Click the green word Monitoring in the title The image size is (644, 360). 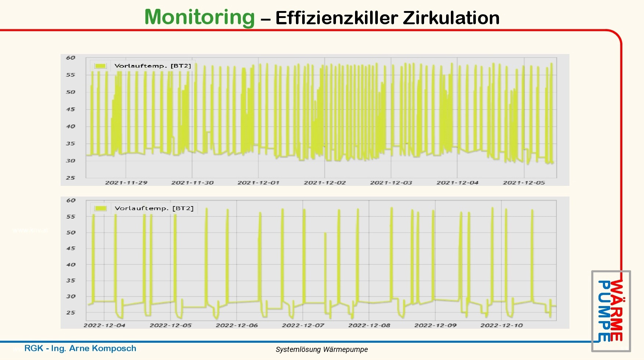[199, 17]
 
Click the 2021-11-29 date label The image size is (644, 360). [126, 183]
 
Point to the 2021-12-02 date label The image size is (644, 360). [325, 183]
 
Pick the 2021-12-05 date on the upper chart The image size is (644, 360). [524, 183]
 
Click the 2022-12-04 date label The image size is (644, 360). [104, 325]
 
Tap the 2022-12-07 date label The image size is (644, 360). [303, 325]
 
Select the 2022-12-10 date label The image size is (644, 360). [502, 325]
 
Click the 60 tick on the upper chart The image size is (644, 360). [70, 58]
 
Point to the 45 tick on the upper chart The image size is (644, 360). [70, 109]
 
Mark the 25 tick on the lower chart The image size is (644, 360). [70, 313]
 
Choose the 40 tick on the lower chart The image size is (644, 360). [70, 264]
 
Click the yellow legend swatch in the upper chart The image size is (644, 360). [100, 66]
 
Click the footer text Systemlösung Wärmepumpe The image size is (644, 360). [322, 349]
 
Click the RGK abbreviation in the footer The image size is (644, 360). [33, 348]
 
